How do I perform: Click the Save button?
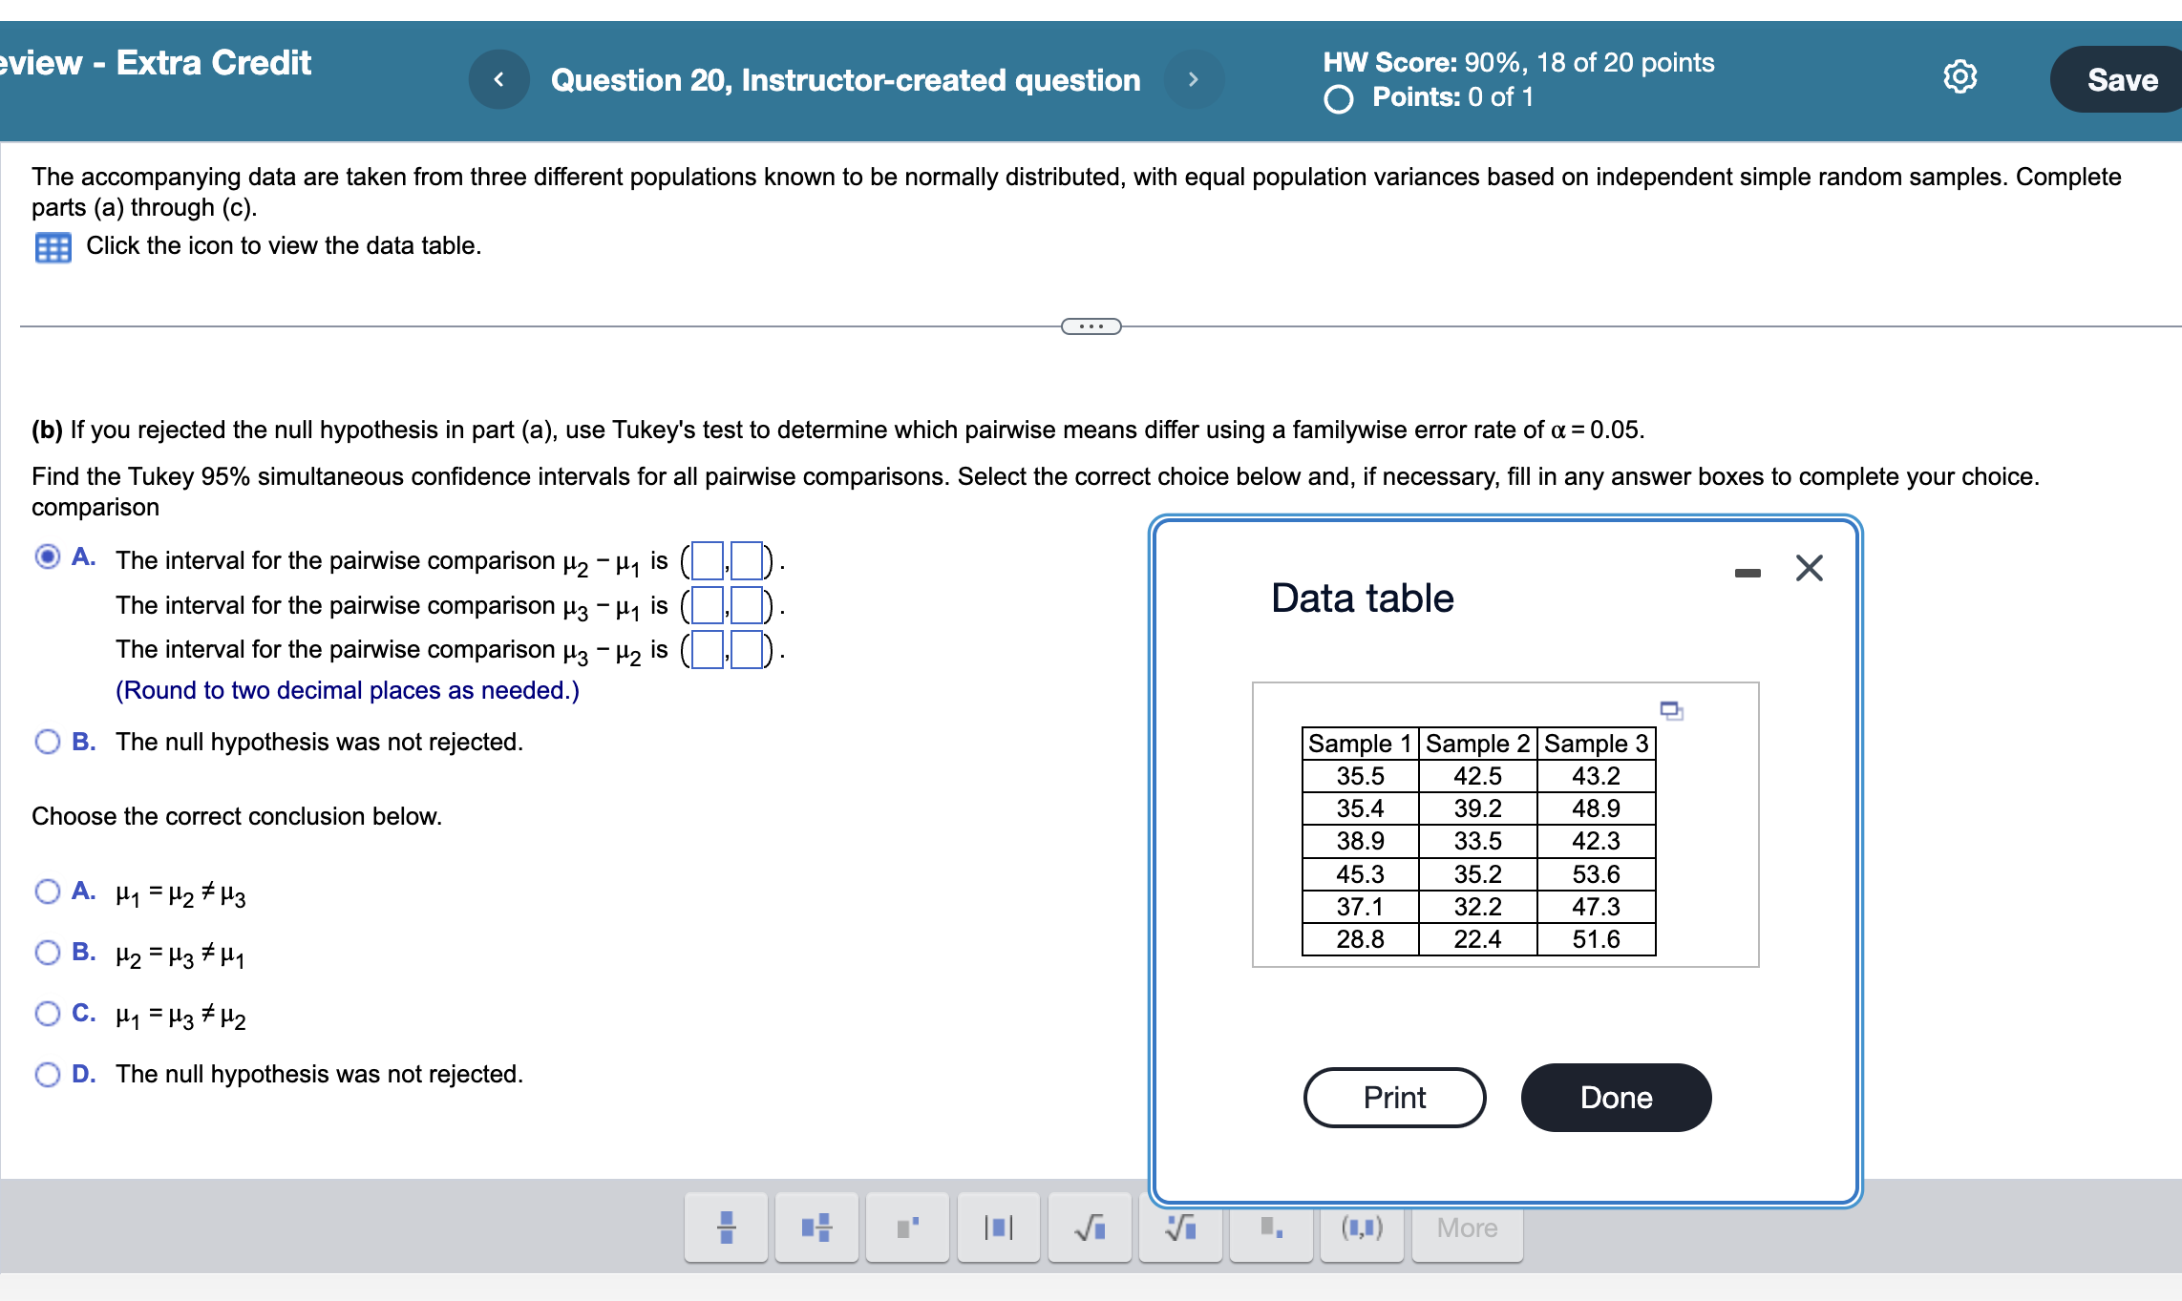point(2121,79)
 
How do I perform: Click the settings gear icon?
point(1960,76)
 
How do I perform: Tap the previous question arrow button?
point(498,79)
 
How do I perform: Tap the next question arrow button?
point(1193,79)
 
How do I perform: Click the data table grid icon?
point(53,247)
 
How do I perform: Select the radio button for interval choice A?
point(48,556)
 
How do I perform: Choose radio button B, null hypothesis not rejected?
point(48,742)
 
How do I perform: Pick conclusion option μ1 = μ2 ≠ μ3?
point(48,892)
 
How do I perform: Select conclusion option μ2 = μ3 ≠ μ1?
point(48,953)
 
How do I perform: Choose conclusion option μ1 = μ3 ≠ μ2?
point(48,1014)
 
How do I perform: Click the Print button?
point(1394,1098)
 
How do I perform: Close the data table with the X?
point(1809,568)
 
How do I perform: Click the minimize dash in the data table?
point(1748,573)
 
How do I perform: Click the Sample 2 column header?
point(1477,744)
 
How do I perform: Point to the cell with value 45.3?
point(1360,874)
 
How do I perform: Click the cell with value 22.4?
point(1477,939)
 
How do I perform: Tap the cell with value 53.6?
point(1596,874)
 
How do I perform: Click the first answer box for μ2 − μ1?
point(708,560)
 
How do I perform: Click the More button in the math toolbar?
point(1467,1228)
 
